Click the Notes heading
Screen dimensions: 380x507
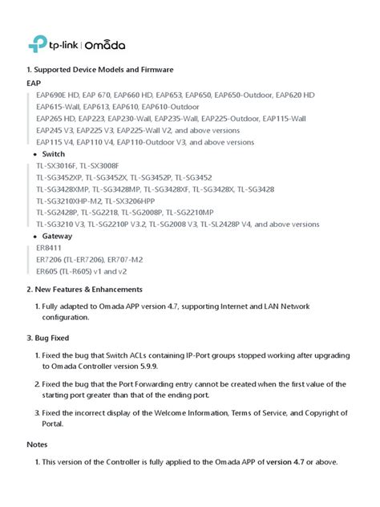click(37, 444)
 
